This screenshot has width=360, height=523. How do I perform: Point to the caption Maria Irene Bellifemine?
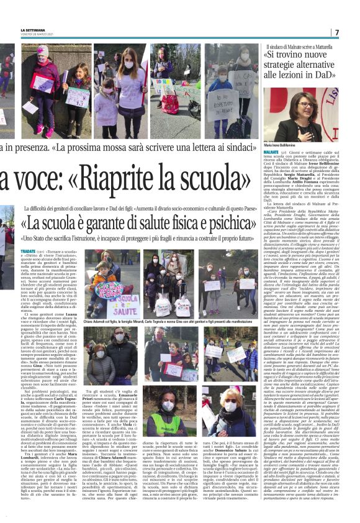coord(281,145)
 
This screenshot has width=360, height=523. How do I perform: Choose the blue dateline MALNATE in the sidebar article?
coord(271,151)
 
